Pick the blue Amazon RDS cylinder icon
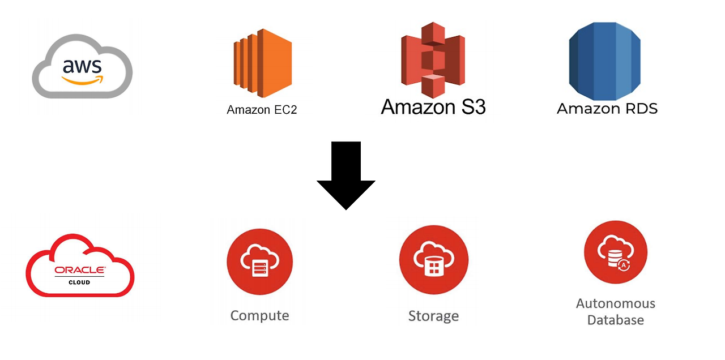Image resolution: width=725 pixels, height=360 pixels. pyautogui.click(x=604, y=61)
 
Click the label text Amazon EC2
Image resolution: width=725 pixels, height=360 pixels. pyautogui.click(x=262, y=110)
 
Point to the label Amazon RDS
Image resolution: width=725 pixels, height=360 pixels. pyautogui.click(x=607, y=109)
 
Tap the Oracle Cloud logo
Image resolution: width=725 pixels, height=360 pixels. pyautogui.click(x=80, y=266)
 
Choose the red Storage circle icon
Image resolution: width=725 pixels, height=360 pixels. pyautogui.click(x=433, y=260)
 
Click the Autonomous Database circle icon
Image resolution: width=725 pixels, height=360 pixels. pyautogui.click(x=615, y=252)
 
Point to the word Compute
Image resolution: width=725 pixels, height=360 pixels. pyautogui.click(x=259, y=315)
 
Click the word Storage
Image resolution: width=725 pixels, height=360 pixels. pyautogui.click(x=433, y=316)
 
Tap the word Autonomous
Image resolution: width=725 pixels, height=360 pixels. pyautogui.click(x=615, y=303)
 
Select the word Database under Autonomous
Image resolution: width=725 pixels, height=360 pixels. pyautogui.click(x=615, y=320)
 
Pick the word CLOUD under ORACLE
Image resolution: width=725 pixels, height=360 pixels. pyautogui.click(x=79, y=282)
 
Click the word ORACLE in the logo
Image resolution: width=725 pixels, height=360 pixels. pyautogui.click(x=79, y=270)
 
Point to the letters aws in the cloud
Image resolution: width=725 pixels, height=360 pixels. pyautogui.click(x=83, y=67)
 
